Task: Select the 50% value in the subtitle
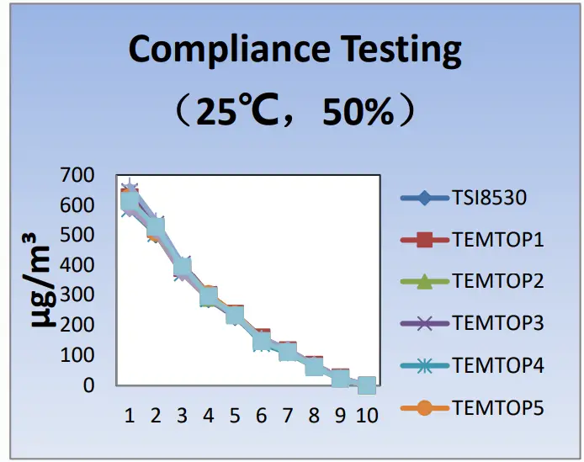point(357,113)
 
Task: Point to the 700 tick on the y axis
point(77,176)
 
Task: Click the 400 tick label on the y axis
point(77,265)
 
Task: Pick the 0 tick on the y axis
point(88,385)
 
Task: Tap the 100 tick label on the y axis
point(77,354)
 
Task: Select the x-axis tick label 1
point(129,415)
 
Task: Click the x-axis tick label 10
point(367,415)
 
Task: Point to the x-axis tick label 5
point(234,415)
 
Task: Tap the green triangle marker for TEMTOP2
point(424,282)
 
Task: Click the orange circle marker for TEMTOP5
point(424,407)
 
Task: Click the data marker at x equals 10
point(367,385)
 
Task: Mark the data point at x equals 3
point(182,268)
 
